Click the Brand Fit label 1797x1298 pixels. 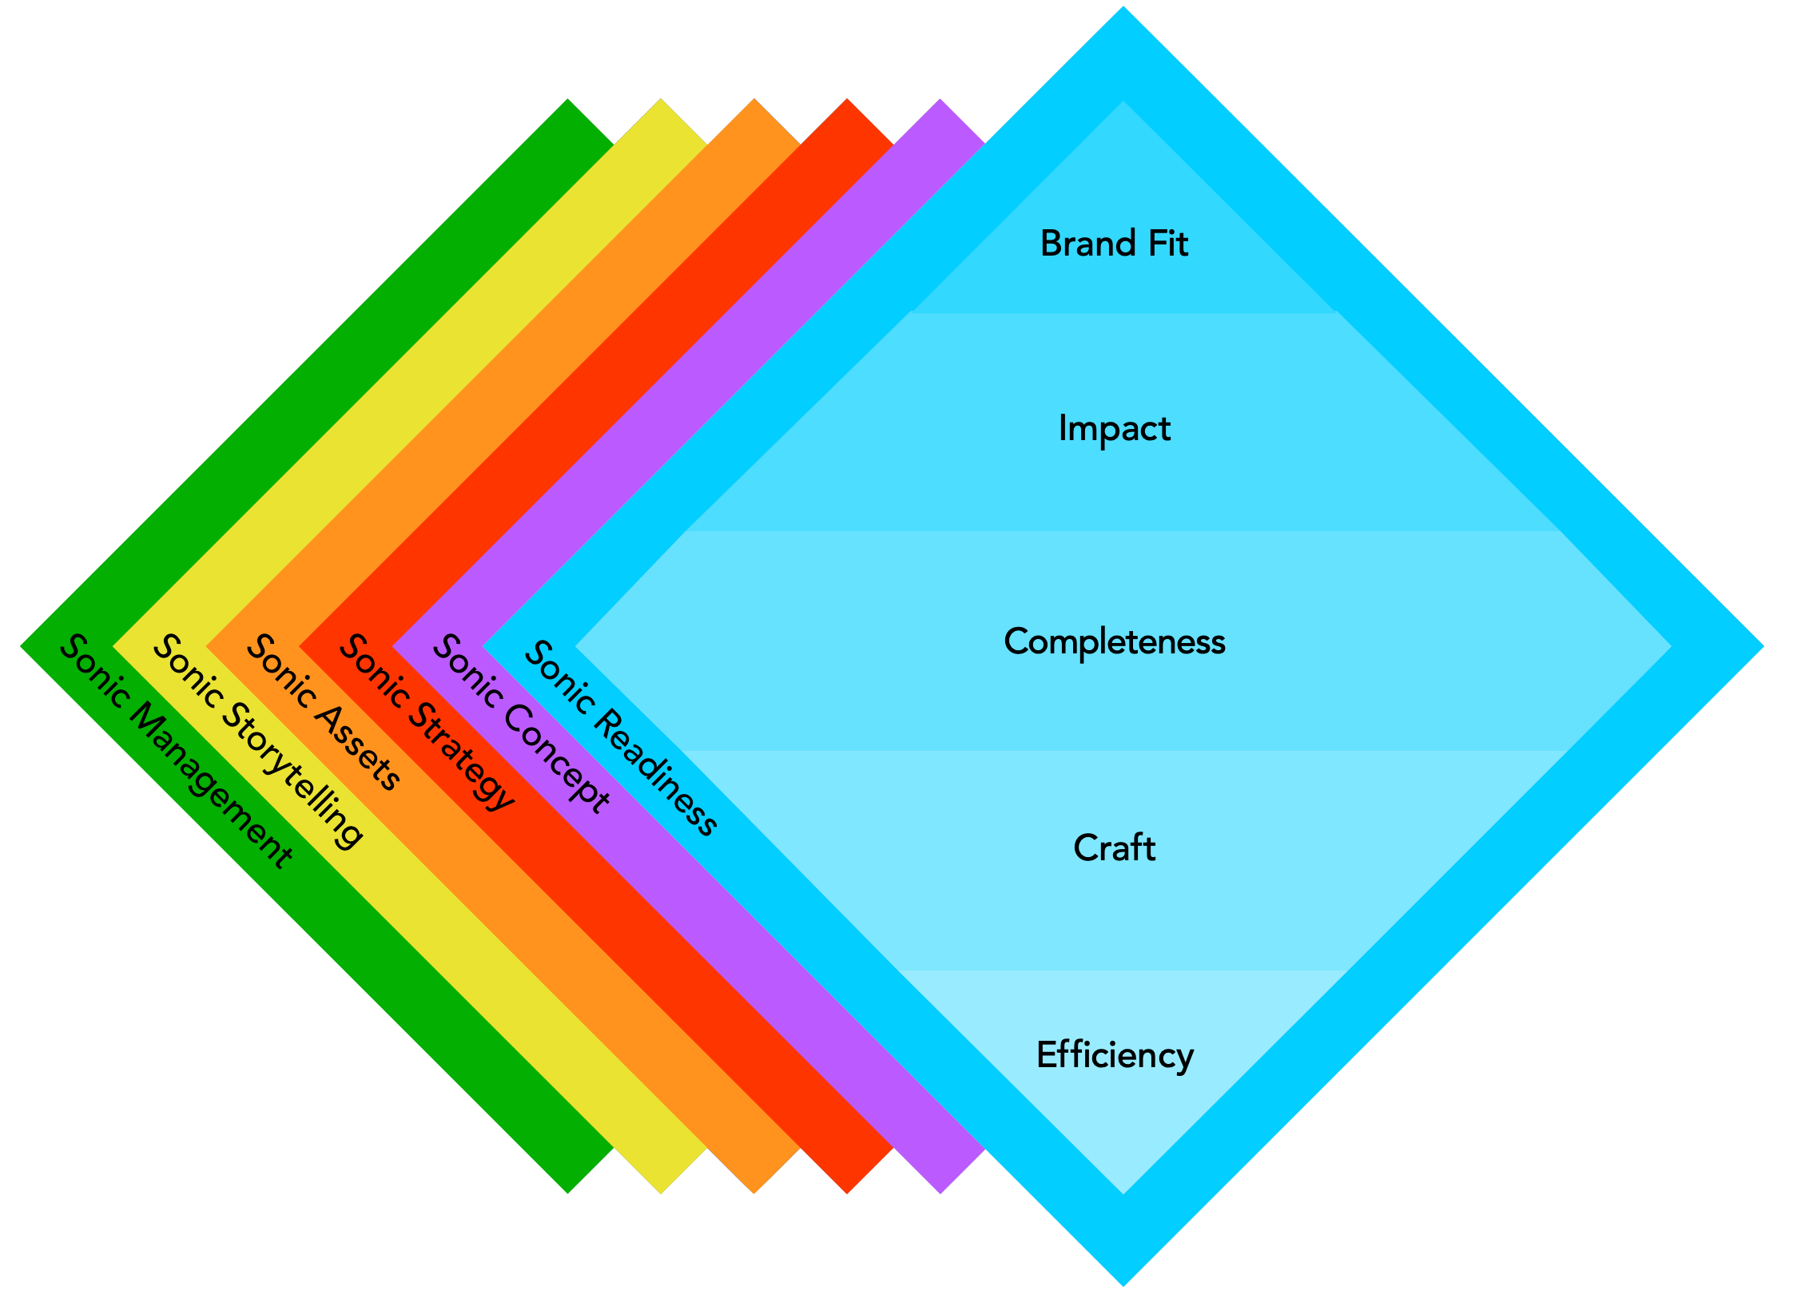[1114, 244]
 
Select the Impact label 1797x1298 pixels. [1114, 429]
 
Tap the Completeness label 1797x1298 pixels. [1114, 641]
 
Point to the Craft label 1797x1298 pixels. [1114, 847]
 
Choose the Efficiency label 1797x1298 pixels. [1115, 1055]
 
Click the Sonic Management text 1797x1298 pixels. [177, 751]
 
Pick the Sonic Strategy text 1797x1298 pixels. [427, 722]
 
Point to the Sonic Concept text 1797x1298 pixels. [521, 724]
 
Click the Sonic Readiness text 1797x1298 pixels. [620, 738]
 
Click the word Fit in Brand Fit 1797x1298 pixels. [1167, 244]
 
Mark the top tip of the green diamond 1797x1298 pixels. [568, 100]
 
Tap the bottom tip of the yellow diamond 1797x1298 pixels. [661, 1193]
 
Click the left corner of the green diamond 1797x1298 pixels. [22, 646]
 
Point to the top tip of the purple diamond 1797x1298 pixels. [940, 100]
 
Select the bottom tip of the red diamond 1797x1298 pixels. [847, 1193]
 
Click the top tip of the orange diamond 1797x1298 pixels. [754, 100]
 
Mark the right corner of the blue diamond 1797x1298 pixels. [1762, 646]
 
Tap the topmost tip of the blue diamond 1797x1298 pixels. [1123, 8]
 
